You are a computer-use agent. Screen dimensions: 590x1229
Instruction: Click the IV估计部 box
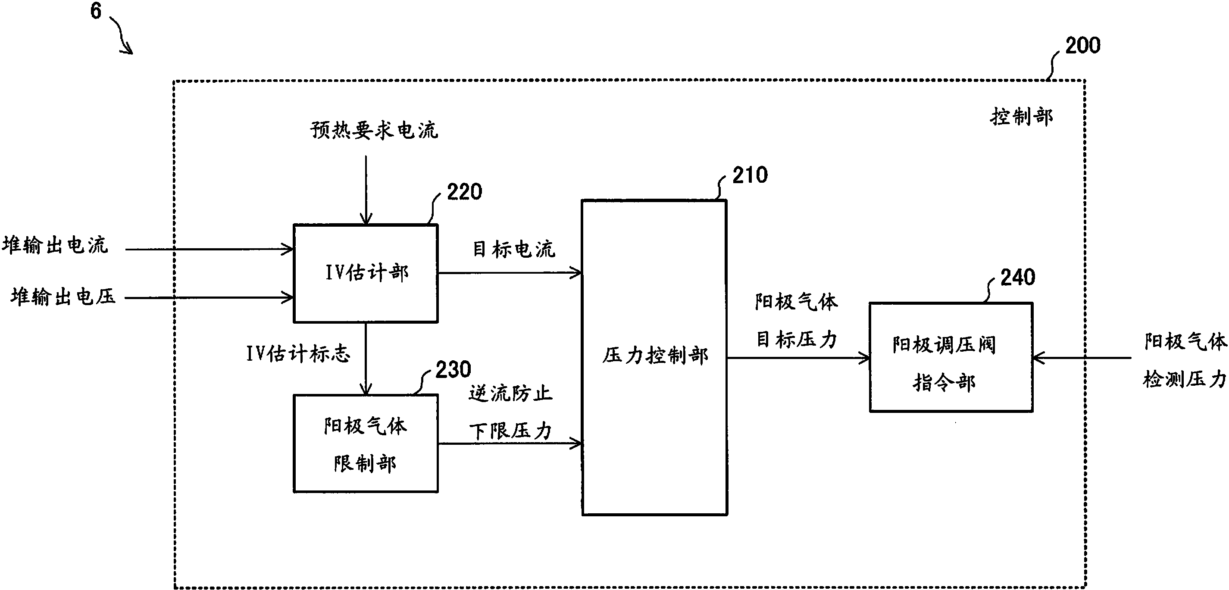click(366, 273)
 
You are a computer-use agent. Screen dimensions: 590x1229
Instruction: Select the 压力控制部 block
click(654, 357)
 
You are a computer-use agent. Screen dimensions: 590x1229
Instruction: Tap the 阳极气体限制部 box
click(366, 443)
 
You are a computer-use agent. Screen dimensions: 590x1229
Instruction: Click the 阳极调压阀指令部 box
click(951, 357)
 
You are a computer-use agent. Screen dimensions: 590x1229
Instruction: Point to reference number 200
click(1082, 46)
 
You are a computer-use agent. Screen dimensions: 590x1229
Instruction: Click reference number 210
click(750, 175)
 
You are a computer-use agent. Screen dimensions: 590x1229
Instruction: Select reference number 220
click(464, 192)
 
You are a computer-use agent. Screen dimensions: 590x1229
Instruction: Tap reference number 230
click(453, 370)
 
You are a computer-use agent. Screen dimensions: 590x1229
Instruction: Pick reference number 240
click(1017, 278)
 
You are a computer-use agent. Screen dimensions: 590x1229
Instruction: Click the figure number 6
click(96, 10)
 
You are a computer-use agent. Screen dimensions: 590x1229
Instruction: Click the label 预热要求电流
click(374, 130)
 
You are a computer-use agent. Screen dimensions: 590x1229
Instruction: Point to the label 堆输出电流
click(55, 246)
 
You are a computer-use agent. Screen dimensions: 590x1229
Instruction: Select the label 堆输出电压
click(63, 297)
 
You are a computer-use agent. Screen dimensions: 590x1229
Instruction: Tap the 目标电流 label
click(513, 250)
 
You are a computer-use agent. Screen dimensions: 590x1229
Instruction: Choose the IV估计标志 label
click(298, 354)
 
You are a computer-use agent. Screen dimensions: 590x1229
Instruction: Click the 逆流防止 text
click(510, 393)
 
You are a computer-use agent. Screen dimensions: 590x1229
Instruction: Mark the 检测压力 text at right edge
click(1184, 380)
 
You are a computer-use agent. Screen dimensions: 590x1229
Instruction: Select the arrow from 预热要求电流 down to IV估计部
click(366, 191)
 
